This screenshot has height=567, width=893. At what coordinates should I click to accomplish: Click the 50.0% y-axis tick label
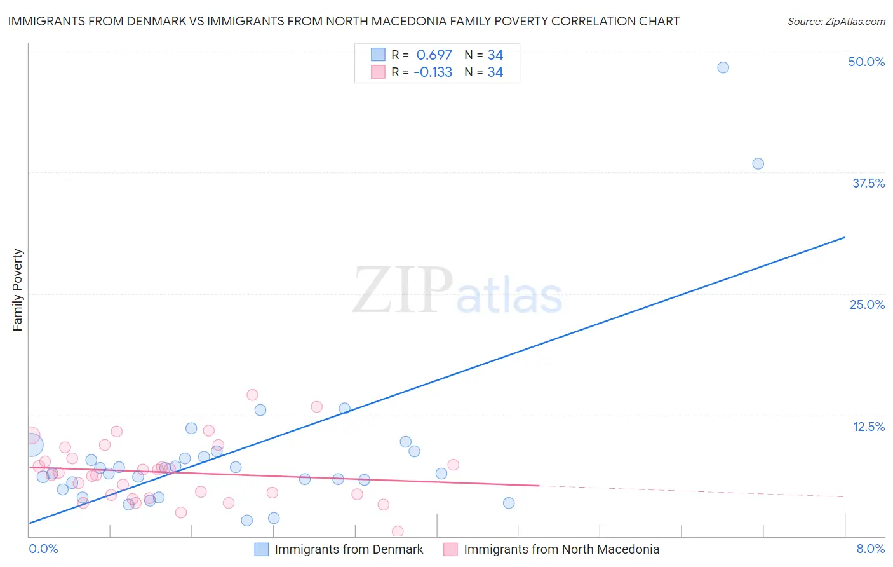(x=866, y=62)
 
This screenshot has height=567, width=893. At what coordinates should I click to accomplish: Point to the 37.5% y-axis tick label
(x=868, y=183)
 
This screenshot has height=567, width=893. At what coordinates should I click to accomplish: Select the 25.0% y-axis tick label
(x=867, y=304)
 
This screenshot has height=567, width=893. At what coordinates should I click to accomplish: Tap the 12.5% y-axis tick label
(x=868, y=427)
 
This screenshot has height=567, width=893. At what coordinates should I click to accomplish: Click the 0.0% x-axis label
(x=43, y=549)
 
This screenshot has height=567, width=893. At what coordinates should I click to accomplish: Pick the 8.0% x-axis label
(x=870, y=549)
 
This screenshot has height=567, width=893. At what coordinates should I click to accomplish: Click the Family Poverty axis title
(x=18, y=290)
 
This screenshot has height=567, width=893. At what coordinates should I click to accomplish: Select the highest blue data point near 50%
(x=723, y=67)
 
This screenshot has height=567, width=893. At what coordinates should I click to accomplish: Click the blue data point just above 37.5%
(x=758, y=163)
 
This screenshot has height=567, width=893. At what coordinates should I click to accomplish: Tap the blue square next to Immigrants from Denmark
(x=261, y=549)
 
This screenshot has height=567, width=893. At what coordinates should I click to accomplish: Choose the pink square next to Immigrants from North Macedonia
(x=450, y=549)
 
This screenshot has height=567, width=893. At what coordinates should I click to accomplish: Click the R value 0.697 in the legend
(x=434, y=55)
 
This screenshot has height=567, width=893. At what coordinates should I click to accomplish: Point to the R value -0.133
(x=433, y=72)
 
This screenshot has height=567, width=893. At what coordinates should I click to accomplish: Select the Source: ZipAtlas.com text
(x=836, y=21)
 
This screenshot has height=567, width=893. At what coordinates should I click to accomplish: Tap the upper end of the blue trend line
(x=845, y=237)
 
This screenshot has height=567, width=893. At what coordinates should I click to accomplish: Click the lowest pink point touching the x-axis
(x=398, y=531)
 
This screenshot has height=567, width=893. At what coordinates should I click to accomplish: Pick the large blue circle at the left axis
(x=31, y=446)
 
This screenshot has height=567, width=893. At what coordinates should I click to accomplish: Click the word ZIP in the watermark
(x=402, y=290)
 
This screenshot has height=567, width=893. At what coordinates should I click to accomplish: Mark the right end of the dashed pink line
(x=844, y=496)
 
